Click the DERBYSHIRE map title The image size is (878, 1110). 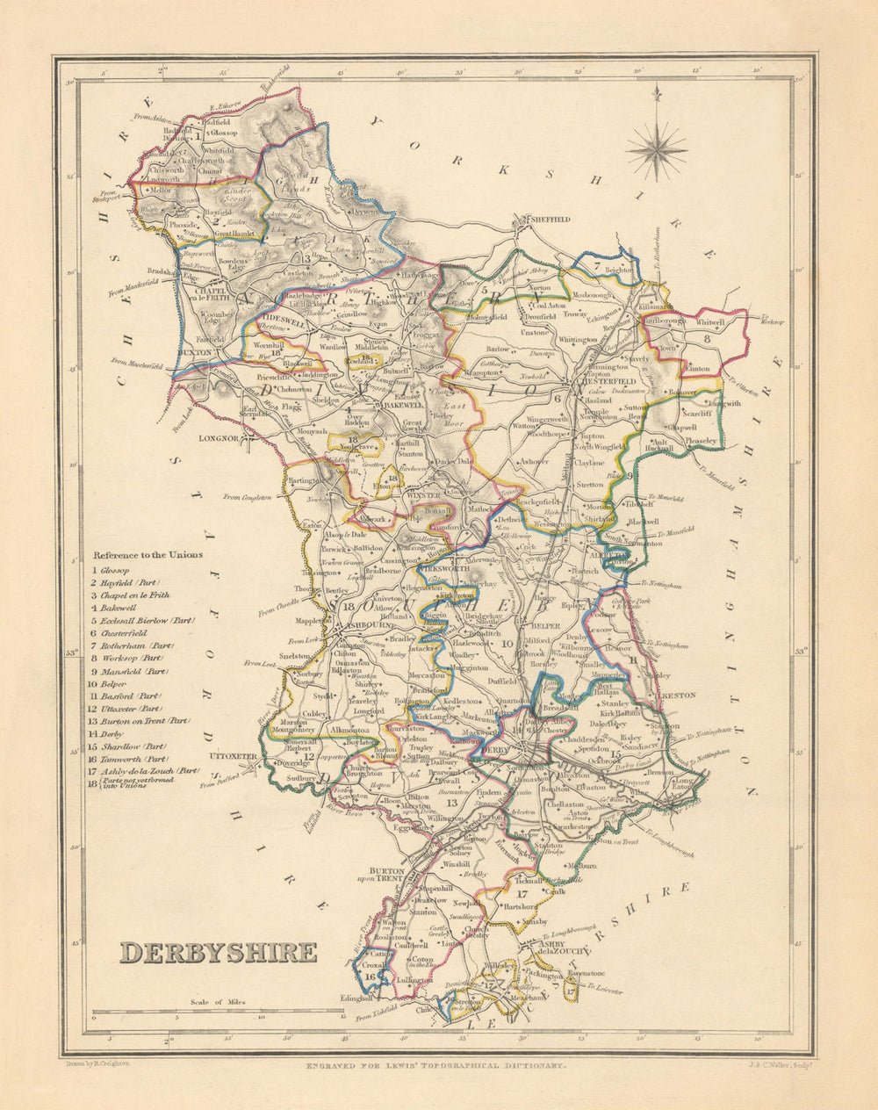click(x=218, y=953)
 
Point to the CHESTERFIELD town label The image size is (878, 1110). click(x=605, y=382)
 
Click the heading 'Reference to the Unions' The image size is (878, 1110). click(x=148, y=555)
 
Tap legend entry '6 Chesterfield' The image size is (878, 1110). click(x=122, y=633)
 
